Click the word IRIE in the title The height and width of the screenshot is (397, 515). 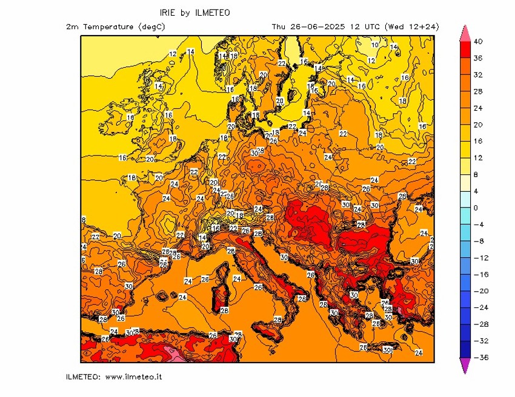point(168,13)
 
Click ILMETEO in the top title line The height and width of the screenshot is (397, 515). point(212,13)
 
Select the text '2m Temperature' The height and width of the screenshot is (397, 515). point(101,27)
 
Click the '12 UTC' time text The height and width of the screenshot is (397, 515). point(361,27)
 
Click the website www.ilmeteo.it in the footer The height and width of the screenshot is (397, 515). point(133,377)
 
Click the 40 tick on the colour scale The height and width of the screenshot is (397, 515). point(479,42)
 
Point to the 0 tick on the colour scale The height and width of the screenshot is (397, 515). point(476,208)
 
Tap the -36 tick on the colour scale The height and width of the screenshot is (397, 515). point(479,358)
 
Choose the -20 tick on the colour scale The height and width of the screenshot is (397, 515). point(479,291)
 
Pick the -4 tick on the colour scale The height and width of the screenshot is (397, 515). point(477,225)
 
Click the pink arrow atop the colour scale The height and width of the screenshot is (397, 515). point(465,33)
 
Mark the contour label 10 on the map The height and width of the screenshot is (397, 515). point(374,45)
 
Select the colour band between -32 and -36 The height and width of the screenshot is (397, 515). point(465,349)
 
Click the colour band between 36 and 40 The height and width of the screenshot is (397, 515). point(465,50)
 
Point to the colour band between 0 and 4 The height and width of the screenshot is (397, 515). point(465,200)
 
